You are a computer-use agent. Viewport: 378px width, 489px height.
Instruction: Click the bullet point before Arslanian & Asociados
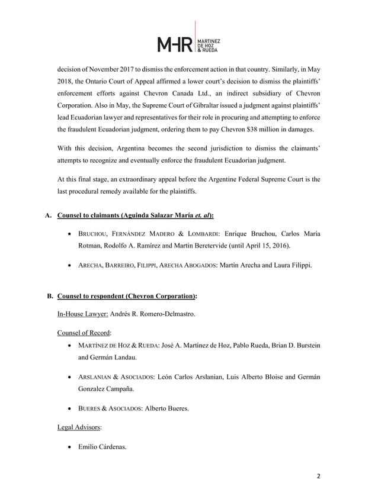pos(71,377)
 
